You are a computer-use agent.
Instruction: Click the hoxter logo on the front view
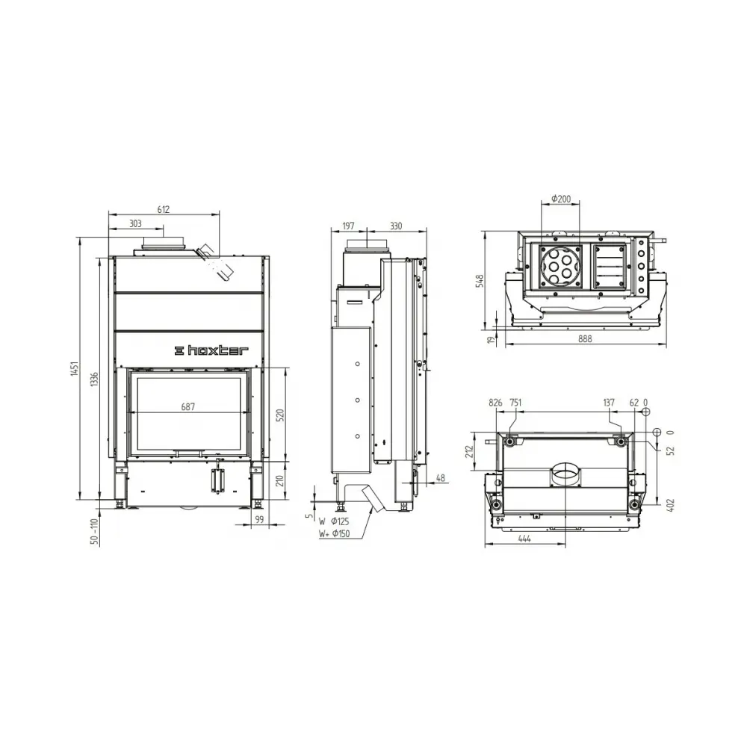click(212, 350)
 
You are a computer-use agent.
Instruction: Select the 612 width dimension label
click(163, 210)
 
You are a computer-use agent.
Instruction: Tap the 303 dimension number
click(135, 224)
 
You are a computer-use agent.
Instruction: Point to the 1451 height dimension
click(74, 369)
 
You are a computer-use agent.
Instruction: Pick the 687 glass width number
click(187, 407)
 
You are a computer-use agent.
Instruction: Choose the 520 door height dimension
click(281, 415)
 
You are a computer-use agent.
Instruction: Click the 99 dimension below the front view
click(259, 519)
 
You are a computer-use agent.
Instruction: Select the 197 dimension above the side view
click(348, 226)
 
